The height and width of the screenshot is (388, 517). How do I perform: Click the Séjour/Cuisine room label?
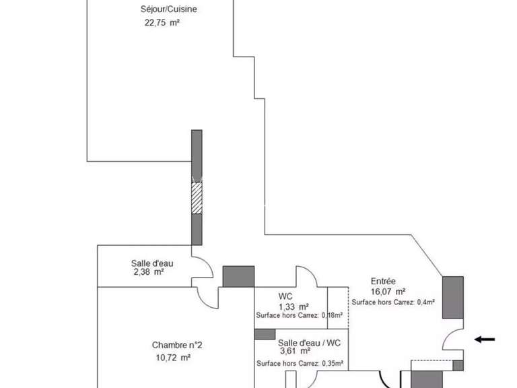point(169,9)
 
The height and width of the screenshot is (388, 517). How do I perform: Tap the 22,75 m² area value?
point(162,22)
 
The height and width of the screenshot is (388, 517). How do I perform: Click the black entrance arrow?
point(485,339)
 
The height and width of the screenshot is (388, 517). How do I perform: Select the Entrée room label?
point(383,282)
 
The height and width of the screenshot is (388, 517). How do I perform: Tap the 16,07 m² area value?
point(388,292)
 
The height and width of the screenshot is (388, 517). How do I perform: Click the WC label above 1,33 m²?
point(285,296)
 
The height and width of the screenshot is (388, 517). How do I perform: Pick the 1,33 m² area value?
point(294,306)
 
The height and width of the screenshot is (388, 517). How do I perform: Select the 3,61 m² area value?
point(294,351)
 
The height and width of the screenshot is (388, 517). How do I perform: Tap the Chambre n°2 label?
point(177,346)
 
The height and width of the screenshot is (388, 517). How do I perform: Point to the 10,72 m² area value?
point(172,357)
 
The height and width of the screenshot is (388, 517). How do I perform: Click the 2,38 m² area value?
point(149,272)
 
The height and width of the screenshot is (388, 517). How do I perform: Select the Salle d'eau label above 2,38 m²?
point(151,263)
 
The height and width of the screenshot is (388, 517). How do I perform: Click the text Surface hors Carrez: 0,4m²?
point(392,302)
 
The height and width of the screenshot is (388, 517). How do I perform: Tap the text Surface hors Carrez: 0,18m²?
point(299,315)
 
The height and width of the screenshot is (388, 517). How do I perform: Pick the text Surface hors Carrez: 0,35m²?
point(300,364)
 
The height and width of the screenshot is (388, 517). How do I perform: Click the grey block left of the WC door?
point(238,276)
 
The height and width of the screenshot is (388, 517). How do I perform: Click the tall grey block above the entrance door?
point(452,297)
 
